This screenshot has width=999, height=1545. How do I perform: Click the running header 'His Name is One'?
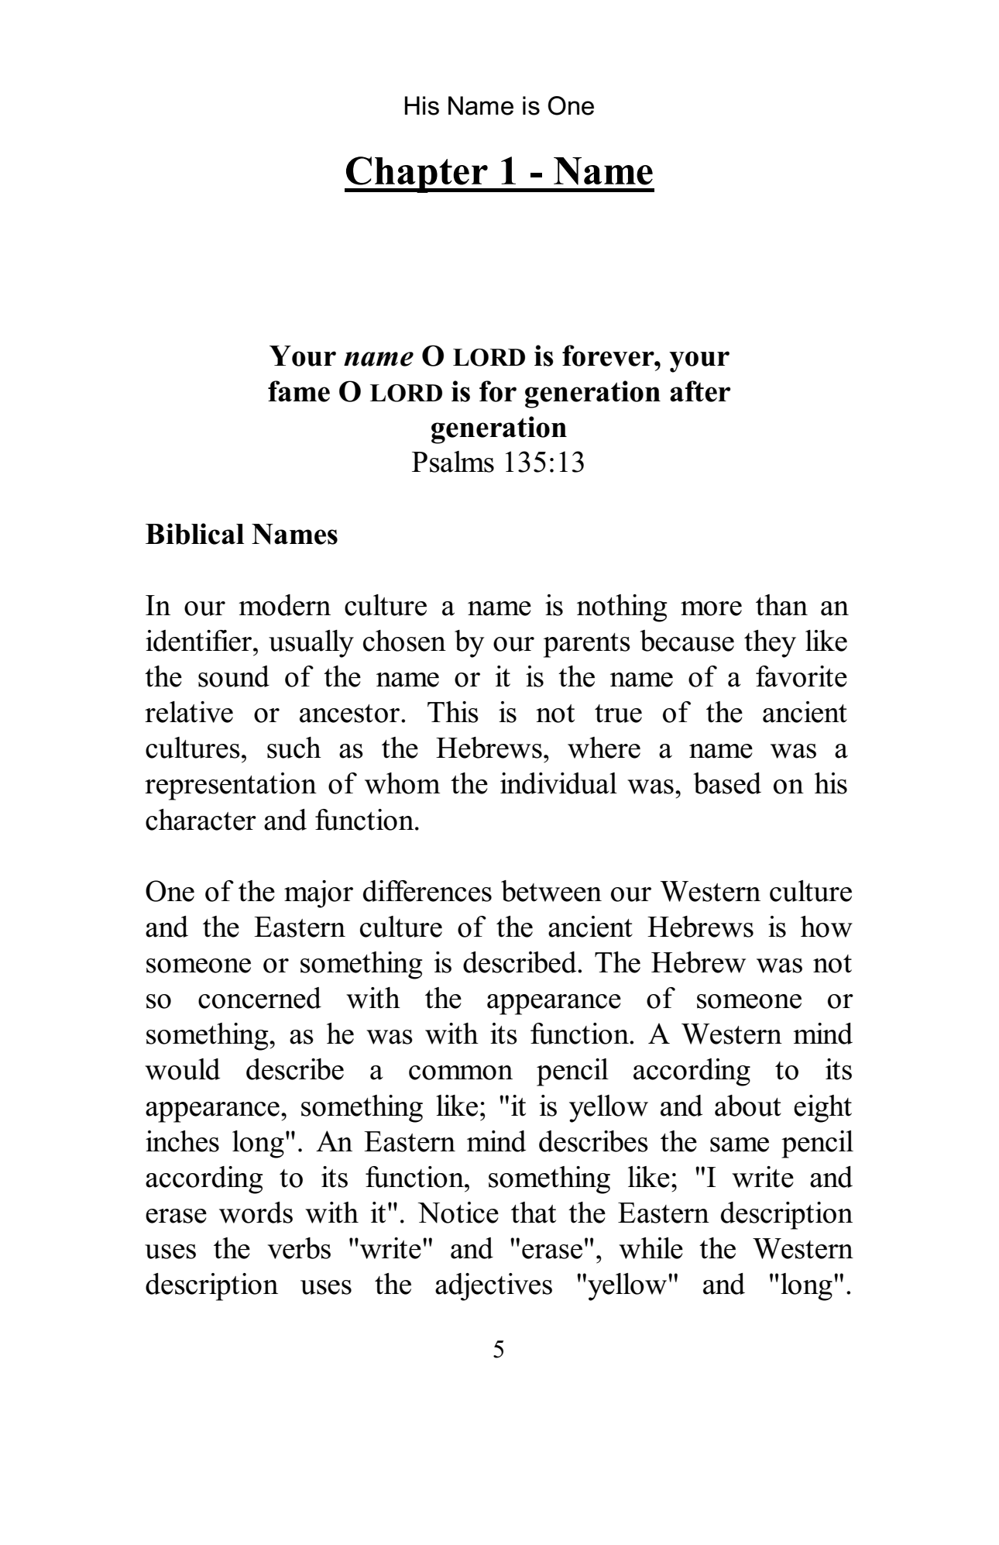pos(499,106)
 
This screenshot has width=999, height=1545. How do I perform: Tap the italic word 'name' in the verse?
pos(378,356)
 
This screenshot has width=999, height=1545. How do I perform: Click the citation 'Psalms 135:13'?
pos(498,463)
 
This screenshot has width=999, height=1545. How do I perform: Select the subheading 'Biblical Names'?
pos(242,535)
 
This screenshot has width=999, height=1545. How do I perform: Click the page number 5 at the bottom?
pos(499,1350)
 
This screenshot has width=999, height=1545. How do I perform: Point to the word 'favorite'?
pos(802,678)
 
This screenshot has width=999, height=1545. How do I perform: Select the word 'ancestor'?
pos(355,714)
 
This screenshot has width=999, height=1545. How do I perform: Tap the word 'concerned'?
pos(259,1000)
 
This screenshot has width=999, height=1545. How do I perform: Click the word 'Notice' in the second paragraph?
pos(463,1213)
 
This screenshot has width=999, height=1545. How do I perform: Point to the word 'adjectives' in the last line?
pos(493,1285)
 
